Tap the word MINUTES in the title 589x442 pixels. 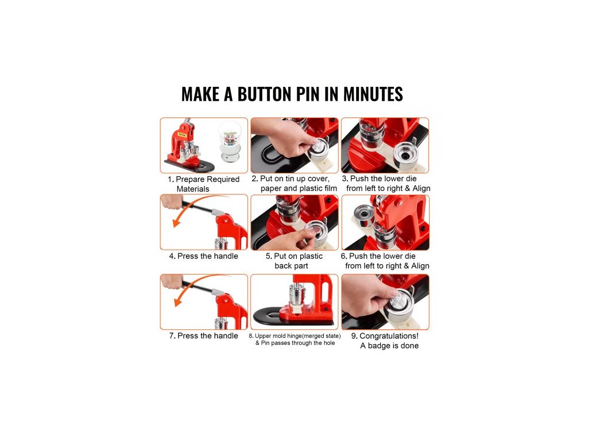(373, 94)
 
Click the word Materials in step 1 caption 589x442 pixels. (193, 189)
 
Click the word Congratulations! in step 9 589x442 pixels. (389, 336)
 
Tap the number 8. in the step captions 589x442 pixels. (251, 336)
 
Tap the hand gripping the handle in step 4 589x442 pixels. (171, 202)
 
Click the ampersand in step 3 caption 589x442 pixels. (407, 188)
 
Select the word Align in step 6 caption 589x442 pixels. (420, 266)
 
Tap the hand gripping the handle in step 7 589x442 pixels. (171, 281)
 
